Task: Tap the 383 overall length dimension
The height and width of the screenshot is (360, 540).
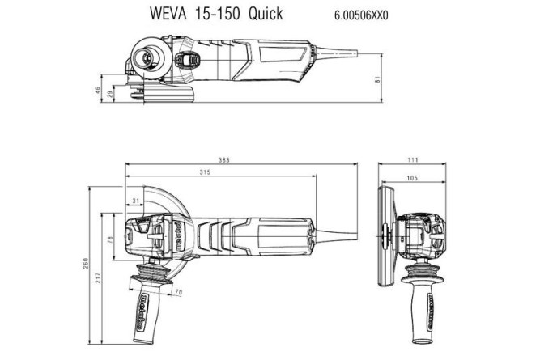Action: (224, 161)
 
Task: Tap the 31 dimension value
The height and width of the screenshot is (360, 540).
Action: (135, 201)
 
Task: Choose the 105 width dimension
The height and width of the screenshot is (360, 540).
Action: (414, 177)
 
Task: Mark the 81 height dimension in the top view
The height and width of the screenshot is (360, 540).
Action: (377, 78)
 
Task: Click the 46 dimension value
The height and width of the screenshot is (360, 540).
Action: (99, 89)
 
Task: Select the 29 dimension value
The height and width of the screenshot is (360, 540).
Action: (111, 95)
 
